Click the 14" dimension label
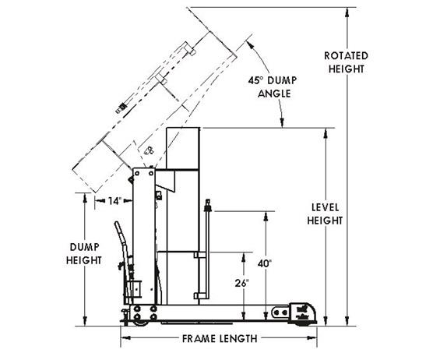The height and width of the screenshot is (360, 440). (x=115, y=201)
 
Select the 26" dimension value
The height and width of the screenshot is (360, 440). (x=242, y=284)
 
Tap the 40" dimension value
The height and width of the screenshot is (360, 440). (x=265, y=263)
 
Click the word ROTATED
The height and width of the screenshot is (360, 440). (x=346, y=55)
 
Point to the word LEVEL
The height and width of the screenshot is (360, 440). (x=326, y=207)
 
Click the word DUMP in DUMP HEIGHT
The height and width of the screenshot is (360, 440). (x=84, y=247)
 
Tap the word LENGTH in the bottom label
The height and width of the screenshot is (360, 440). (x=238, y=339)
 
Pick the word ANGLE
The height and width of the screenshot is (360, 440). (x=274, y=94)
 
